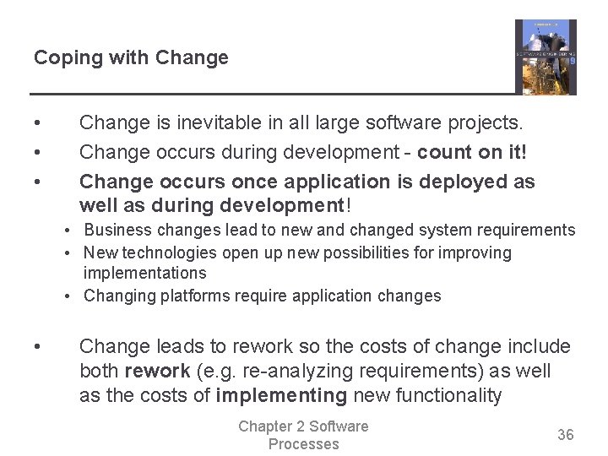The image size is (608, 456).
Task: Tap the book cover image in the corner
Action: [546, 57]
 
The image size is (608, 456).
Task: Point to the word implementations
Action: [144, 273]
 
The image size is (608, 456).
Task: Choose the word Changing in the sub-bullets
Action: [117, 296]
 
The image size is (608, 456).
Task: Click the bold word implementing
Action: [281, 396]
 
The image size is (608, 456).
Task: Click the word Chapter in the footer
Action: [268, 426]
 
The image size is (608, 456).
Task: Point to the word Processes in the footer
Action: [303, 444]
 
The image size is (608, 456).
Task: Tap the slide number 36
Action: [565, 435]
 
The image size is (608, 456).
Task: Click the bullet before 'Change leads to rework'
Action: [38, 347]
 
